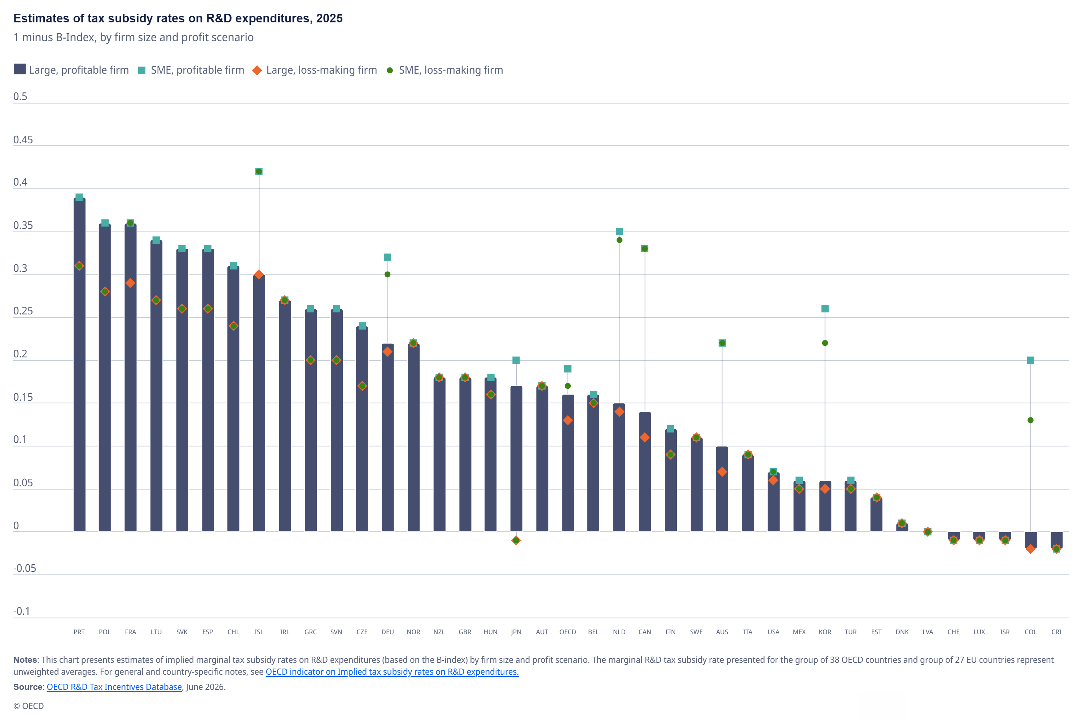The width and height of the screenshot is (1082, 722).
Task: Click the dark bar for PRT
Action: [79, 364]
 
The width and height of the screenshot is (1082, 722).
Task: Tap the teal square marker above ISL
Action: [259, 171]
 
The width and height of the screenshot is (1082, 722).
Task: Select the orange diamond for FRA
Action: [130, 283]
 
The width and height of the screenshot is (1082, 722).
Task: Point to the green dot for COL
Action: [1030, 420]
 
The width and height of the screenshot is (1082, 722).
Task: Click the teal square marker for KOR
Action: [825, 309]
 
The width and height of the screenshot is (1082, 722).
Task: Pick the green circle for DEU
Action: [387, 274]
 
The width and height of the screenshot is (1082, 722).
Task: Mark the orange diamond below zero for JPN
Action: [516, 540]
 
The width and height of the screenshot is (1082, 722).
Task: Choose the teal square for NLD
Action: [619, 231]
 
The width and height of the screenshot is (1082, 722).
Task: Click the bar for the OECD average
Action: [568, 463]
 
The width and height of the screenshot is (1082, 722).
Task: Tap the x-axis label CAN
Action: [644, 632]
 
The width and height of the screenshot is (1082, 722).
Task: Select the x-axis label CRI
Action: [1056, 632]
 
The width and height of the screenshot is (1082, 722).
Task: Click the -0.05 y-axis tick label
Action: [25, 568]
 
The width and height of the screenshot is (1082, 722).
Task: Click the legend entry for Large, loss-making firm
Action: [315, 70]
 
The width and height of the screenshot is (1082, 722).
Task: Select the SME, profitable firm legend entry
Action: [192, 70]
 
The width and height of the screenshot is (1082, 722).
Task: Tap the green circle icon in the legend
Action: [390, 70]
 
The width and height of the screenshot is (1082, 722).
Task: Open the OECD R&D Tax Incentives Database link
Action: [114, 687]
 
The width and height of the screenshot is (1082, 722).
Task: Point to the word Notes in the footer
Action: [25, 660]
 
